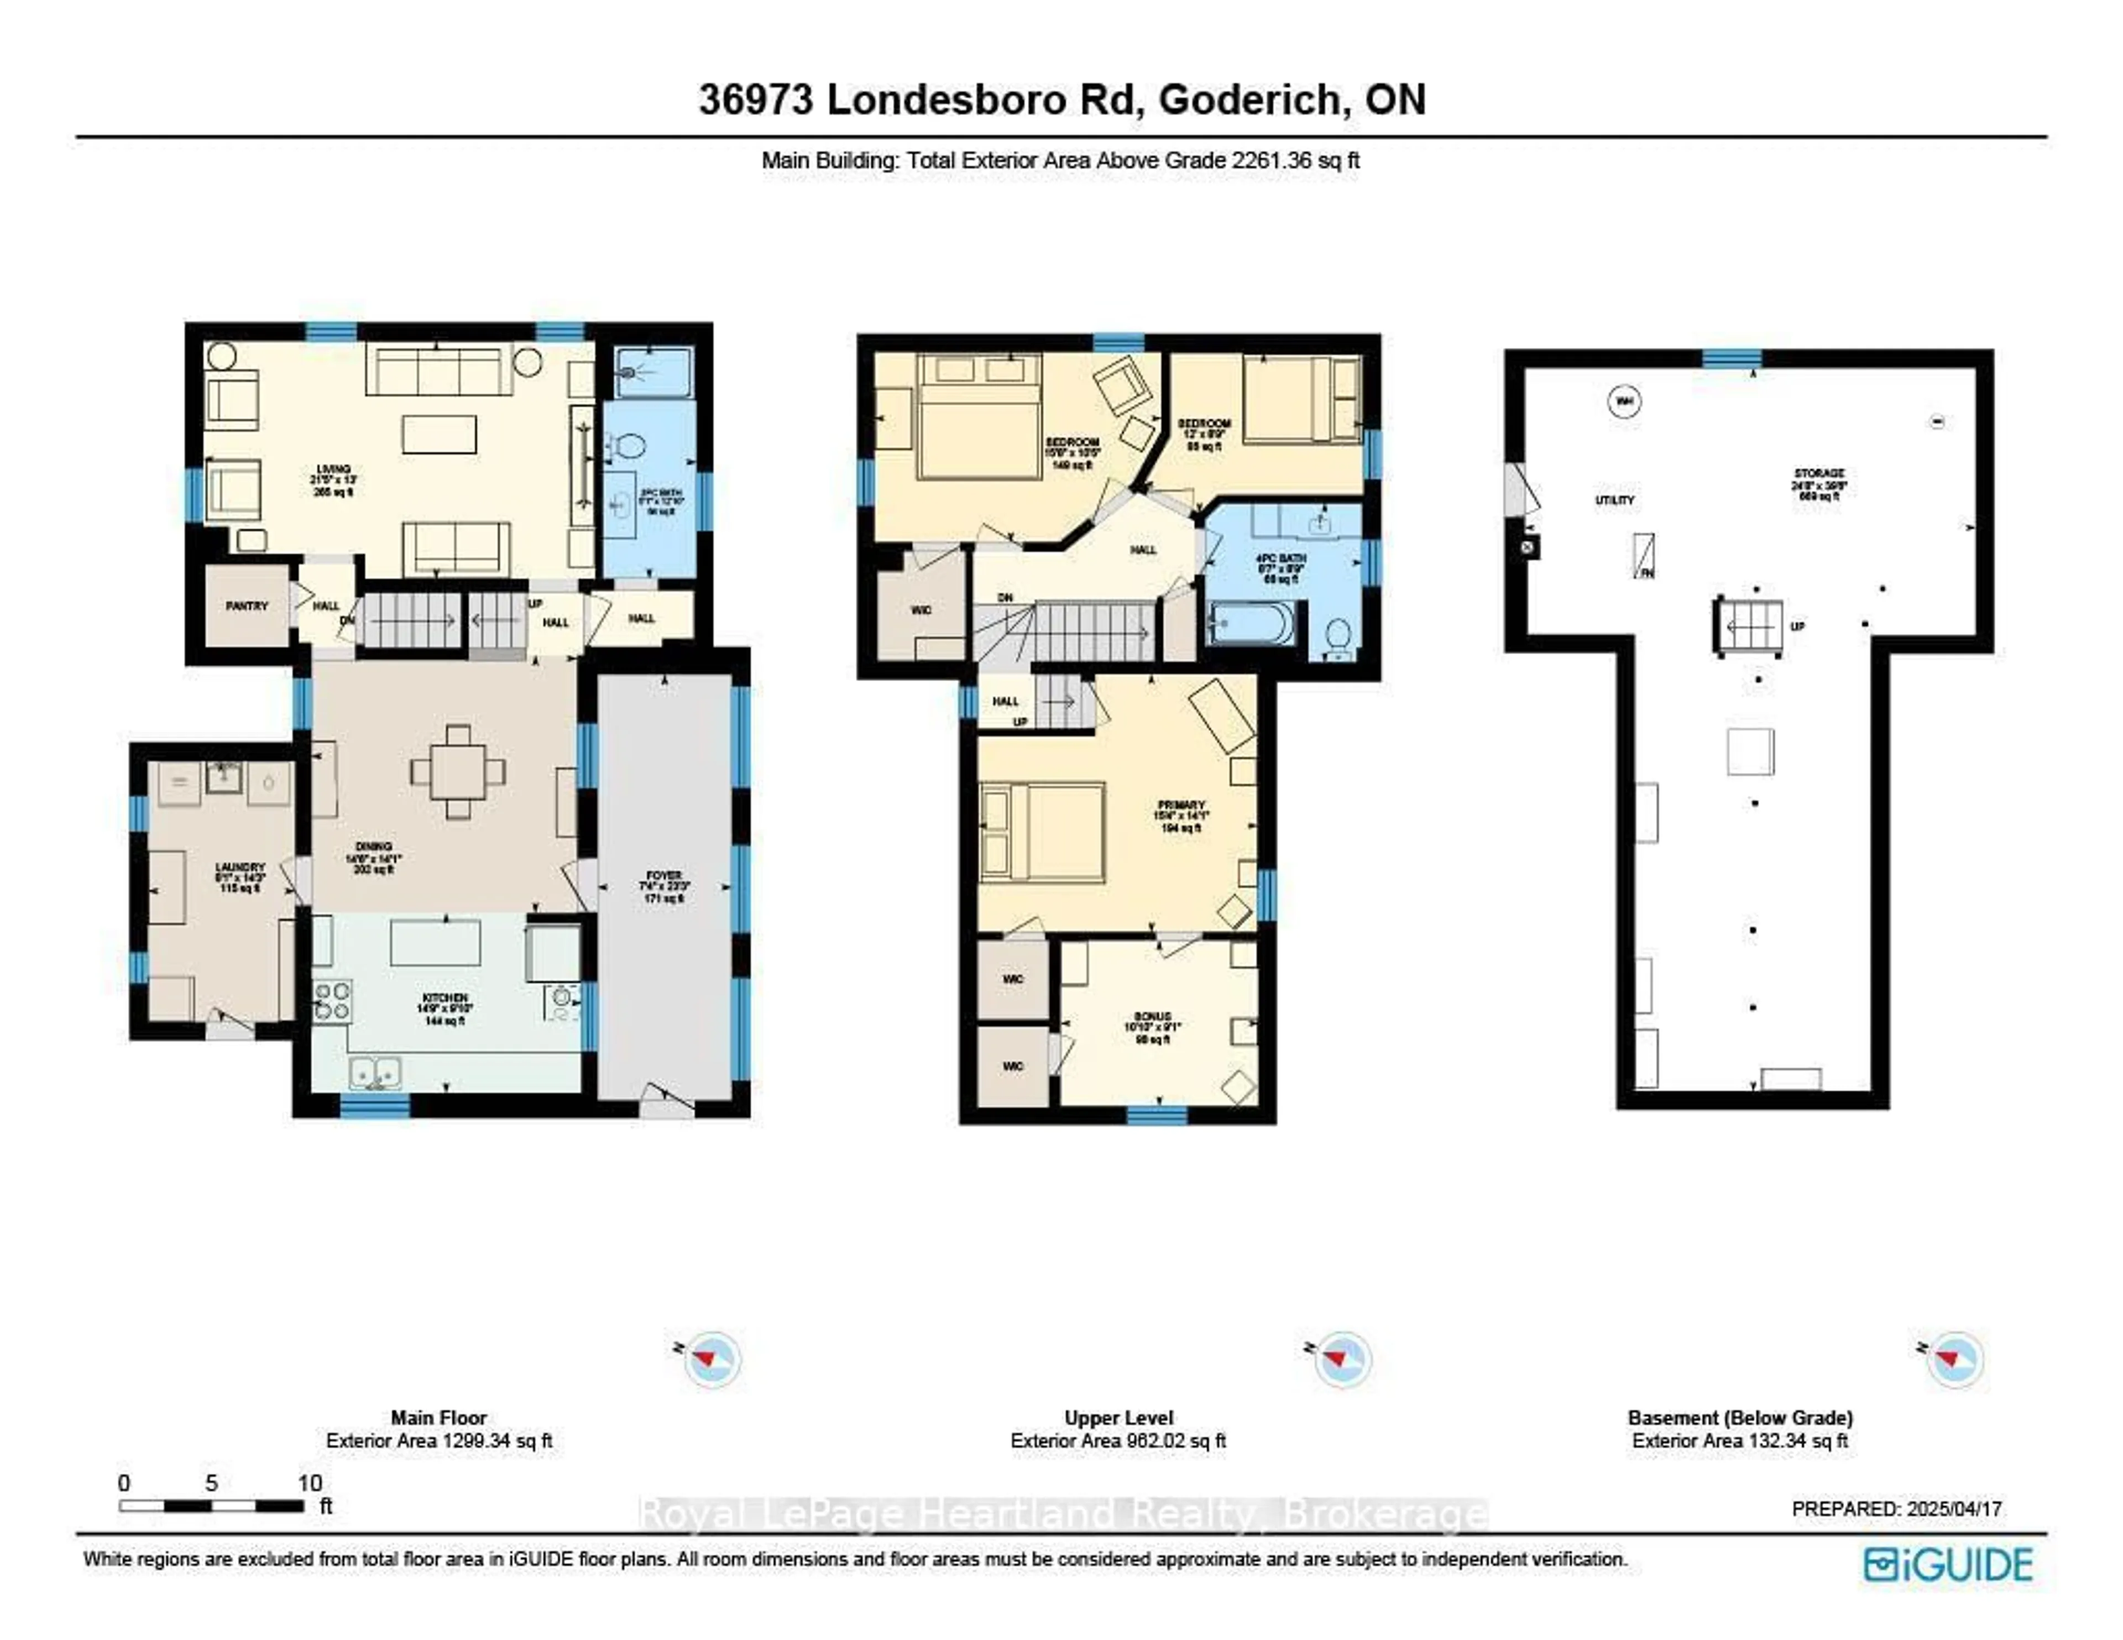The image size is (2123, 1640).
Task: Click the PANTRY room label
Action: click(x=246, y=605)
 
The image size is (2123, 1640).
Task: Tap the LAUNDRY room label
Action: click(x=239, y=867)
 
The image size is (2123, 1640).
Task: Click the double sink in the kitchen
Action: click(x=375, y=1073)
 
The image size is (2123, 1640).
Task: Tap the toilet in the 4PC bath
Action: click(x=1338, y=637)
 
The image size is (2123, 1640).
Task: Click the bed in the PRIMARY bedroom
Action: click(x=1042, y=832)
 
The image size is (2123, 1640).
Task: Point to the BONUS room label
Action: click(x=1152, y=1017)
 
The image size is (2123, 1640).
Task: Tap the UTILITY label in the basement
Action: click(x=1614, y=500)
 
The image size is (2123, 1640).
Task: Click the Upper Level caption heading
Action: click(x=1118, y=1417)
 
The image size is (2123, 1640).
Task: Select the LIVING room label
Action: click(x=332, y=469)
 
